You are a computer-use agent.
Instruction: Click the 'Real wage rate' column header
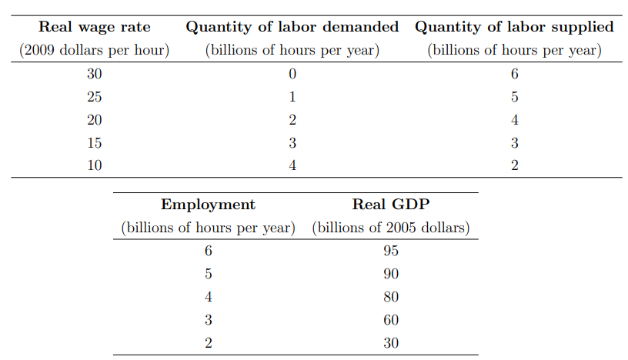click(95, 28)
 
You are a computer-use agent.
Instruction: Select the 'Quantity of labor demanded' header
click(292, 28)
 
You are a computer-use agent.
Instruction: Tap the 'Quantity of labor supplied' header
click(514, 28)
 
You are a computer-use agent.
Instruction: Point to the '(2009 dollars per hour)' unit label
click(95, 51)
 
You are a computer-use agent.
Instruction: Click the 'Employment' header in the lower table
click(208, 205)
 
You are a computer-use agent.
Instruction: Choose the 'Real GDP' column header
click(391, 205)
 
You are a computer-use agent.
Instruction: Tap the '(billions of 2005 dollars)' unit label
click(391, 228)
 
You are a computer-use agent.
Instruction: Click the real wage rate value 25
click(95, 98)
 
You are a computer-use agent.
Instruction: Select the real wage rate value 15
click(95, 143)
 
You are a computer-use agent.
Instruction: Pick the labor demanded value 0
click(292, 75)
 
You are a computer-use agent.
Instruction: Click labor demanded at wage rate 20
click(292, 120)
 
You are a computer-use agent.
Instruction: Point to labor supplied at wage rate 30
click(514, 75)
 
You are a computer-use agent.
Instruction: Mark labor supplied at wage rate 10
click(514, 165)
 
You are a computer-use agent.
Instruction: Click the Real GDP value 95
click(391, 252)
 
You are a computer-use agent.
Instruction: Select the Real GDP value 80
click(391, 297)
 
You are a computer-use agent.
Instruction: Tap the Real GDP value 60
click(391, 320)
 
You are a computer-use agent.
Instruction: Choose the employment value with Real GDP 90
click(208, 275)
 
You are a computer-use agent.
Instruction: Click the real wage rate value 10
click(95, 165)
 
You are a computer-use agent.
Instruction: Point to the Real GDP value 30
click(391, 343)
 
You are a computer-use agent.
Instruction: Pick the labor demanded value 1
click(292, 98)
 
